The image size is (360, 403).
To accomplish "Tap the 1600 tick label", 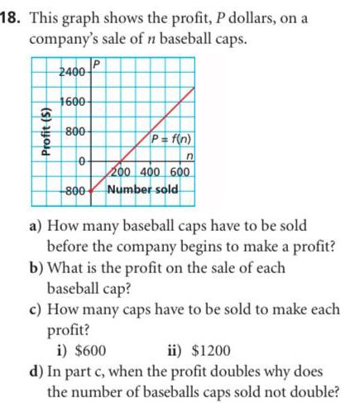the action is tap(75, 102).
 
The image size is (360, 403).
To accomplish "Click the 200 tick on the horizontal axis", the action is tap(126, 172).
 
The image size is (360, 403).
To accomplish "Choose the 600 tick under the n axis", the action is tap(180, 172).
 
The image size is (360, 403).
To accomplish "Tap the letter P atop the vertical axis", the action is tap(97, 63).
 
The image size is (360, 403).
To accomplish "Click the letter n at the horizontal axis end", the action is tap(190, 158).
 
